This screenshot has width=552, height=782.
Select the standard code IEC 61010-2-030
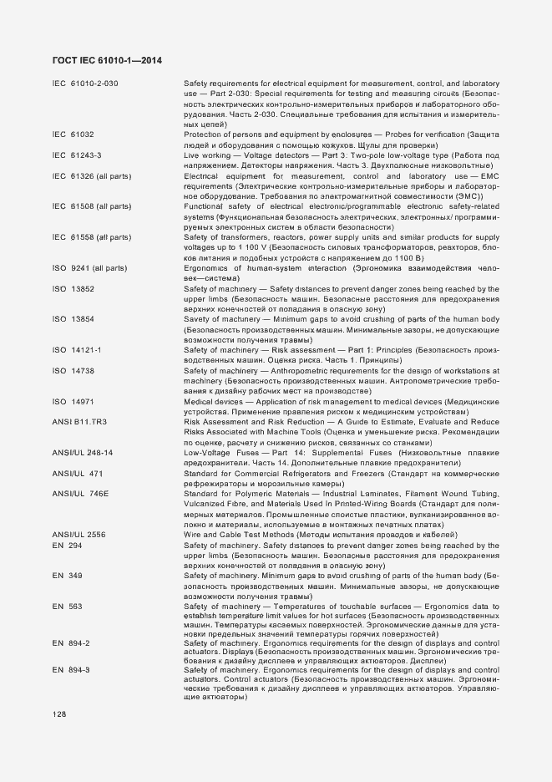[85, 84]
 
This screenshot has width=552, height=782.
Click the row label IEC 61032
[73, 135]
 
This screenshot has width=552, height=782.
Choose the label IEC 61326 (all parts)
[91, 176]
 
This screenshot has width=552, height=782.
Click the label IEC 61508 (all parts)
[91, 206]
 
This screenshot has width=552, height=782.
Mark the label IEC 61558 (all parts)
[91, 237]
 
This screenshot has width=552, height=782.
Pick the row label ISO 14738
[73, 370]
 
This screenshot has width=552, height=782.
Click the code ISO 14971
[73, 402]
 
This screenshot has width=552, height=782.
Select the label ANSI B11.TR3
[79, 422]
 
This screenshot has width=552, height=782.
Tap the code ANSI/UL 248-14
[82, 452]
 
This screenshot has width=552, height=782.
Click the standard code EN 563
[67, 606]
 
